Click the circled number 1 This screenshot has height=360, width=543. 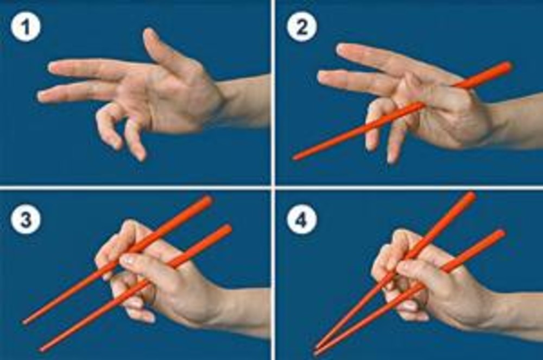(26, 27)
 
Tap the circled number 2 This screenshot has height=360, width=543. (301, 27)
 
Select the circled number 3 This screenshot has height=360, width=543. (26, 219)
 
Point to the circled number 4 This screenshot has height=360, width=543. (301, 219)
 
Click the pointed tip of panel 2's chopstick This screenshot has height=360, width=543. (295, 159)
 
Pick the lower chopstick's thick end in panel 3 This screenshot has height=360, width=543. (227, 229)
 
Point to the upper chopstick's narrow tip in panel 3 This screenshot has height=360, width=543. (24, 323)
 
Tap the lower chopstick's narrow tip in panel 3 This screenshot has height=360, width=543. (42, 350)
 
